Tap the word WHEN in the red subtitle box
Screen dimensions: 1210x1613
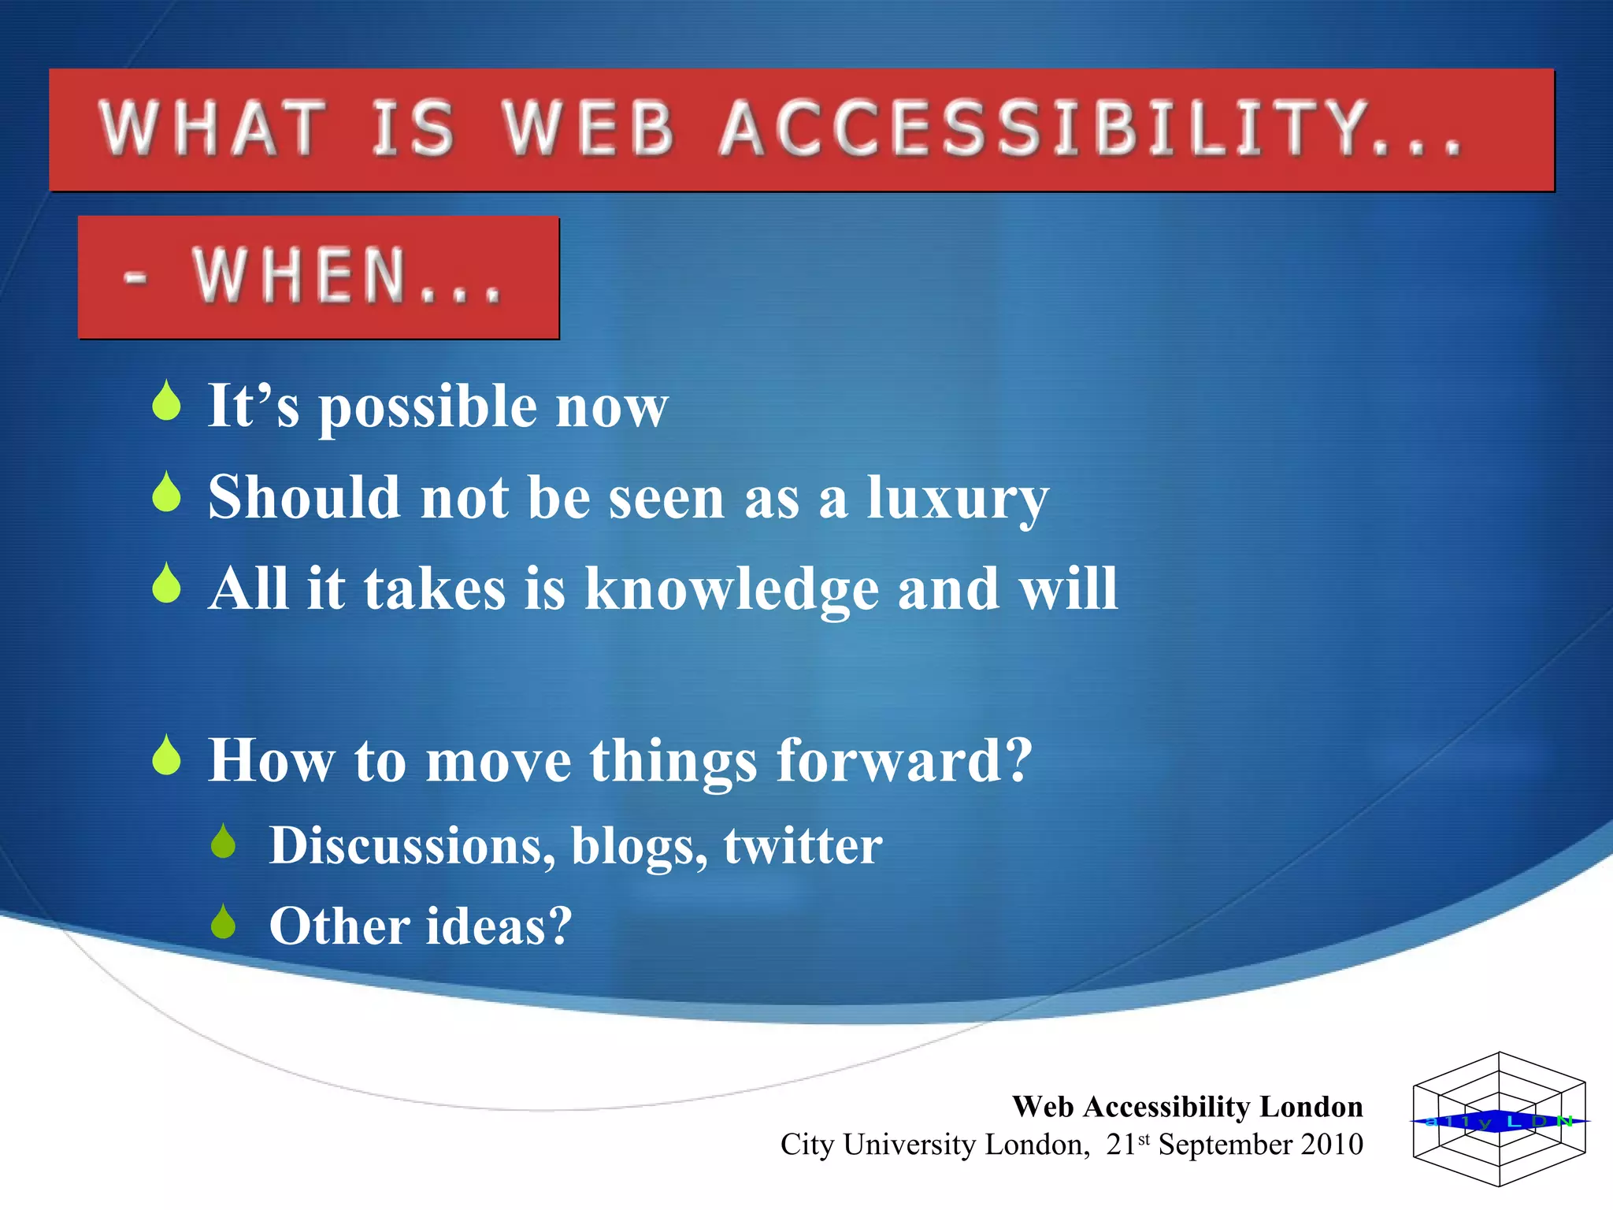click(x=300, y=275)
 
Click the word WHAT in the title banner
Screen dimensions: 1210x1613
click(x=213, y=128)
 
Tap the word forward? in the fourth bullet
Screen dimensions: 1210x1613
click(x=903, y=761)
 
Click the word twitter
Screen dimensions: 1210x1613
click(x=803, y=846)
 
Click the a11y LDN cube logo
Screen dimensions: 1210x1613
click(x=1499, y=1119)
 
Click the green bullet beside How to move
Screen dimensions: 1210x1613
click(x=167, y=756)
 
